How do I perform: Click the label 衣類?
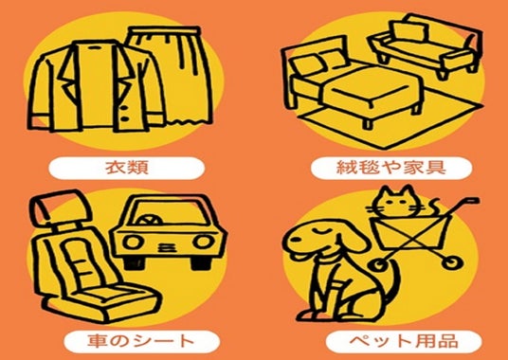coord(127,168)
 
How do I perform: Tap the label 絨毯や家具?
coord(391,168)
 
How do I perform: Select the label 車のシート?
coord(141,342)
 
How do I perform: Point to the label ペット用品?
coord(404,341)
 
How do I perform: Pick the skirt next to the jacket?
coord(176,75)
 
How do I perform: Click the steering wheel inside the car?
coord(150,220)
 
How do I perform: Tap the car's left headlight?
coord(133,243)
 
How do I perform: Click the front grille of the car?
coord(165,247)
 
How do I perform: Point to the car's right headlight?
coord(203,242)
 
